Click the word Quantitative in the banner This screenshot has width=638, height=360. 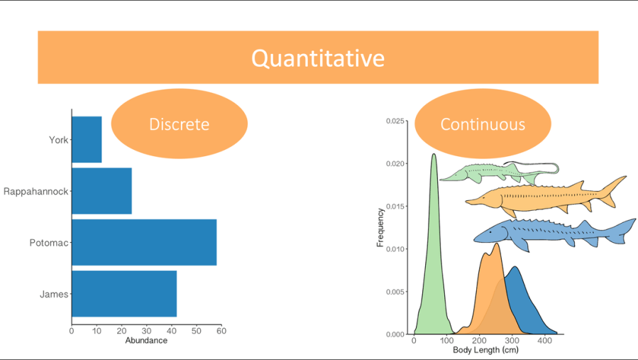[x=318, y=58]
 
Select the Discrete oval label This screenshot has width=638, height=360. [x=179, y=124]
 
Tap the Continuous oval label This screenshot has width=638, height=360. [x=483, y=124]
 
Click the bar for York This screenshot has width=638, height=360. [x=87, y=139]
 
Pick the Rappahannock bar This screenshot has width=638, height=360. [x=101, y=191]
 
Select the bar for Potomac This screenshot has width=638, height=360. [x=144, y=242]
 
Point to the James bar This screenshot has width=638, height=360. [x=124, y=293]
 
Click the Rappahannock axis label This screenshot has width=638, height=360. [x=35, y=192]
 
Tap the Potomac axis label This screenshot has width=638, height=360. [x=48, y=243]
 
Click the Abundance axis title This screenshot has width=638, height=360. [x=146, y=341]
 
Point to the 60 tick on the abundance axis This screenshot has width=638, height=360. [x=221, y=330]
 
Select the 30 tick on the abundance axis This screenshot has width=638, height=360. [x=146, y=330]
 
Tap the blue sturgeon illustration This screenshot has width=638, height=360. [x=554, y=232]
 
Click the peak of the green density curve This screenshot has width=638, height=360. [x=434, y=155]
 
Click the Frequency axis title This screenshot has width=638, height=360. [x=380, y=227]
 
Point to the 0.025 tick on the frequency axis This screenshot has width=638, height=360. [x=395, y=121]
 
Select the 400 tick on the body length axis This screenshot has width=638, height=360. [x=544, y=341]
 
